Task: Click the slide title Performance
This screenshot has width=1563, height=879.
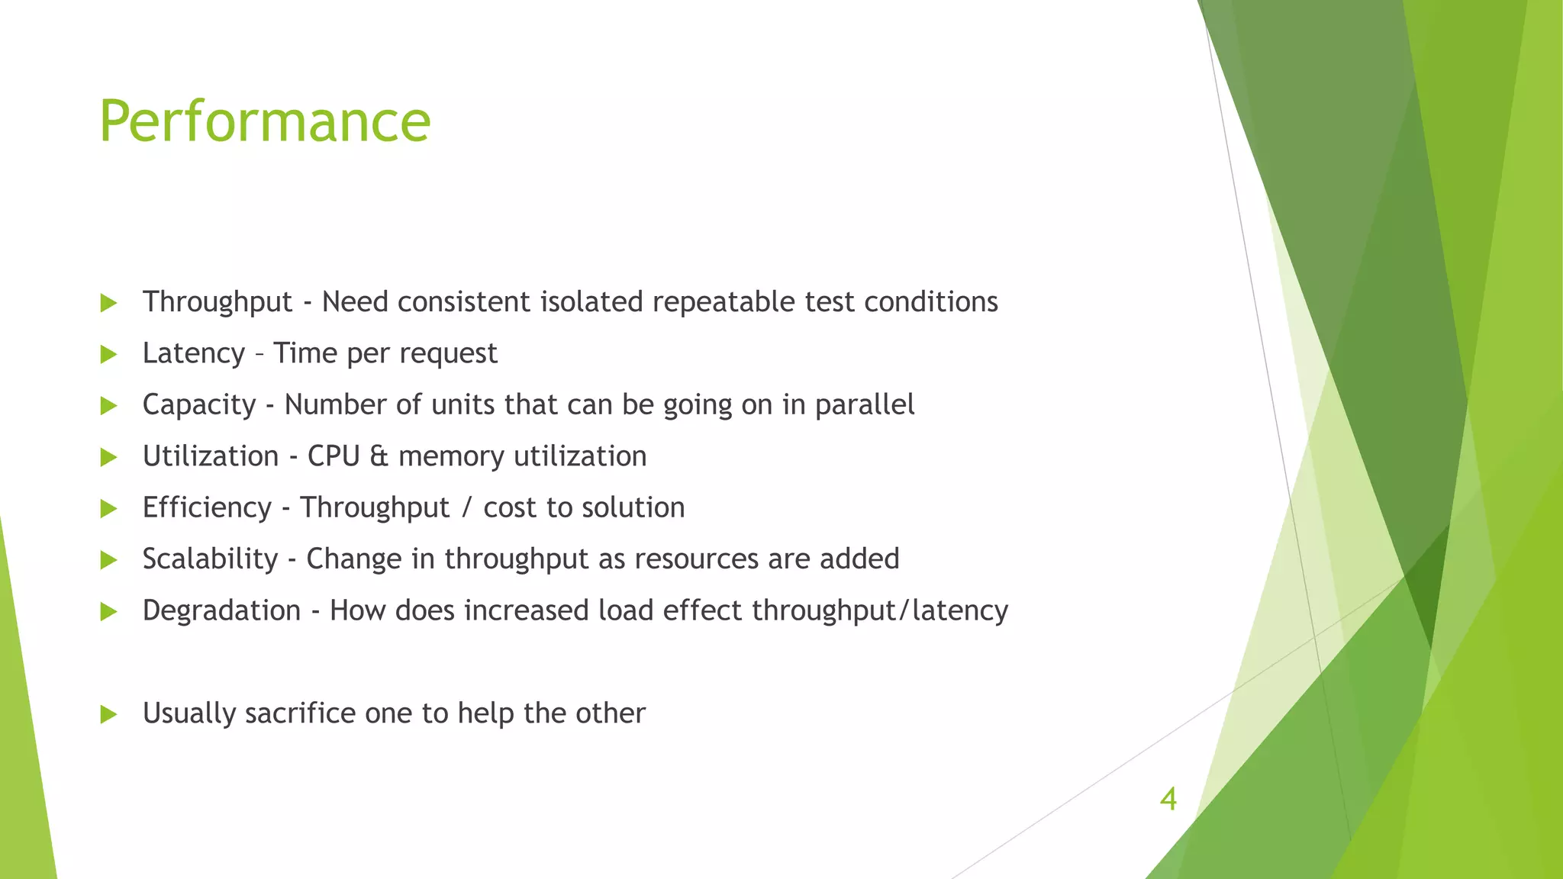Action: (x=265, y=121)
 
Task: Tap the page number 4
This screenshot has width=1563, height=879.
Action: (x=1168, y=799)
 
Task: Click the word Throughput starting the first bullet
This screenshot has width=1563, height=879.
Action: (x=218, y=302)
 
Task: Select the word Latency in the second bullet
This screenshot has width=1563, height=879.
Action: (x=194, y=353)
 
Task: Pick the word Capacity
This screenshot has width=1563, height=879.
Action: (x=199, y=405)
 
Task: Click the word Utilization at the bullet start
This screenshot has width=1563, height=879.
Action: (x=211, y=456)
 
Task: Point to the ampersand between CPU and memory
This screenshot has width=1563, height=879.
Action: (x=379, y=456)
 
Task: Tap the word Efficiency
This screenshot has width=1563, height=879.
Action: (x=207, y=507)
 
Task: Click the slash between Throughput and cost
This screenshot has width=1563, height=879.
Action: (x=466, y=507)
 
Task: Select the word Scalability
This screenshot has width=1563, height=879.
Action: (x=210, y=559)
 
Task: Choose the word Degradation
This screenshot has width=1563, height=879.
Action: (x=221, y=610)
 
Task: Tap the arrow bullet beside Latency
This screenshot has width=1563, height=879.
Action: (x=108, y=354)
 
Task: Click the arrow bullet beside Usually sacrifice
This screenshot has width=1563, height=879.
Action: (x=108, y=714)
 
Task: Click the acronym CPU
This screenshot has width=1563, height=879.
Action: (x=334, y=456)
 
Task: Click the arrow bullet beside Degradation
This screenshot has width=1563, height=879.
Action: (x=108, y=611)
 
